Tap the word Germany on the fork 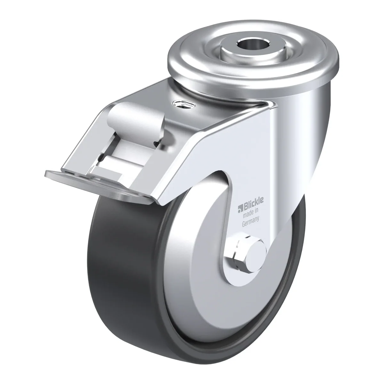tap(251, 221)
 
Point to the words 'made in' tap(251, 212)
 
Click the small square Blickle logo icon tap(240, 209)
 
